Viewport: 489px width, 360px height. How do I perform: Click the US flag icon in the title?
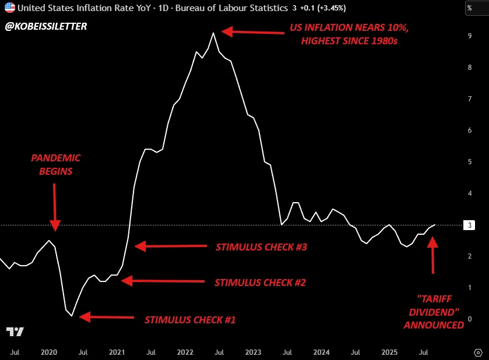[10, 9]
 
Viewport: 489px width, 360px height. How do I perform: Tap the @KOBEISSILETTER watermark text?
[46, 26]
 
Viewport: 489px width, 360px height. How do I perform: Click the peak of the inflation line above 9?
[213, 33]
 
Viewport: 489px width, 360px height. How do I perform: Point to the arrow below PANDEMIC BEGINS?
[55, 207]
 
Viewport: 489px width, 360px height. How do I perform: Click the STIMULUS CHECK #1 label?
[190, 319]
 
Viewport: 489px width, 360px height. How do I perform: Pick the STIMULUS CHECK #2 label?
[260, 283]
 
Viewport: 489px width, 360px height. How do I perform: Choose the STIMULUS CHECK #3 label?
[261, 246]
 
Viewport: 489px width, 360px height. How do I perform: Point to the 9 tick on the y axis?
[469, 36]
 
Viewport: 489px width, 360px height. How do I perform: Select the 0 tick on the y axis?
[469, 319]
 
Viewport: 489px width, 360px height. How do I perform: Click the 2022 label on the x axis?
[185, 352]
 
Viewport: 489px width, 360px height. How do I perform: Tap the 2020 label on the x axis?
[49, 352]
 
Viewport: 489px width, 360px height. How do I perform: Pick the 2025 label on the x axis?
[389, 352]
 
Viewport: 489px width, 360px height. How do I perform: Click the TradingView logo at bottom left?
[15, 332]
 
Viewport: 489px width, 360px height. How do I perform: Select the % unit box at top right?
[469, 9]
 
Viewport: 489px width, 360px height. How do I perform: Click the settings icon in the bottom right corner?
[478, 352]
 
